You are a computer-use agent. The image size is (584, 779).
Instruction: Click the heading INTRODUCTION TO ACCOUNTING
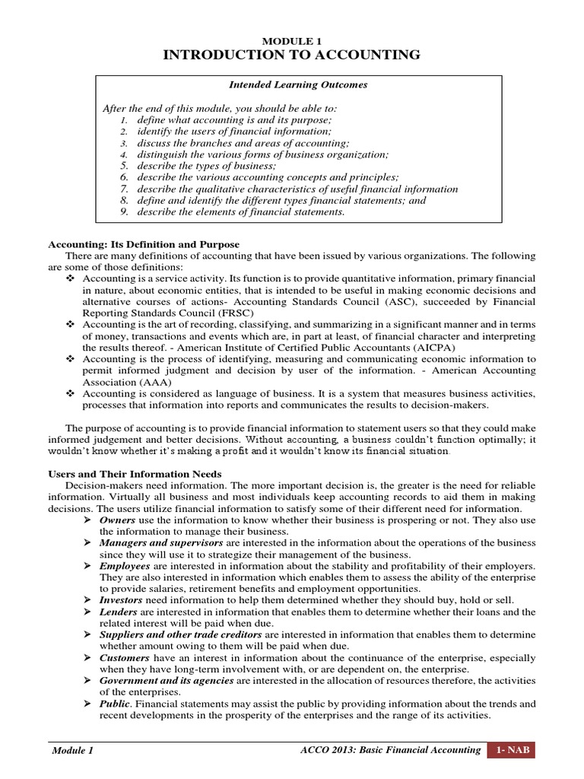pyautogui.click(x=293, y=55)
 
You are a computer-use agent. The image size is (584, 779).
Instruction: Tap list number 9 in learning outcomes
pyautogui.click(x=125, y=211)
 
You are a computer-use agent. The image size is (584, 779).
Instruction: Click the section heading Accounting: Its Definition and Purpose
pyautogui.click(x=144, y=244)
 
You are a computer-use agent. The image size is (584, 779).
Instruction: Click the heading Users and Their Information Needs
pyautogui.click(x=135, y=474)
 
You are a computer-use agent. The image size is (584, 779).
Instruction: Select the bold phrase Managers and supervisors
pyautogui.click(x=161, y=542)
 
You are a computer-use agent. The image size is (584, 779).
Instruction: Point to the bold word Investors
pyautogui.click(x=122, y=599)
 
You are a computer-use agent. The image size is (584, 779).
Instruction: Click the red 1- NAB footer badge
pyautogui.click(x=512, y=751)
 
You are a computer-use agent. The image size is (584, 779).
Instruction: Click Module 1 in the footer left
pyautogui.click(x=73, y=751)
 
